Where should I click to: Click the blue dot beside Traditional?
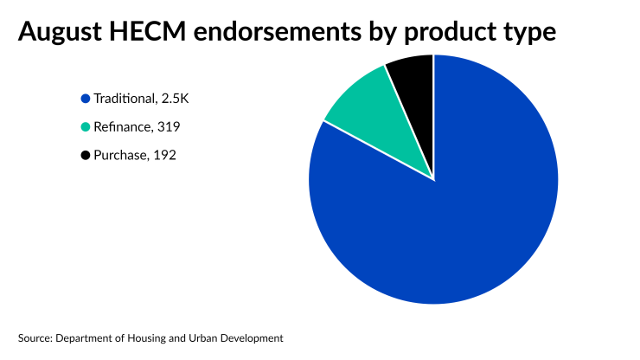coord(85,99)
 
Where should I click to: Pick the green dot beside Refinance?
coord(85,127)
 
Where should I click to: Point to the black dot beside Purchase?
coord(85,156)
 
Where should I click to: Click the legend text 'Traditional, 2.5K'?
coord(141,99)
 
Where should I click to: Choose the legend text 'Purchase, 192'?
coord(135,156)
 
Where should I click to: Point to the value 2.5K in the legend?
coord(174,99)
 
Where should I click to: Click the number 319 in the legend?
coord(169,127)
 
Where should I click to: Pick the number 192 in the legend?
coord(165,156)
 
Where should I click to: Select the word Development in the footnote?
coord(252,337)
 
